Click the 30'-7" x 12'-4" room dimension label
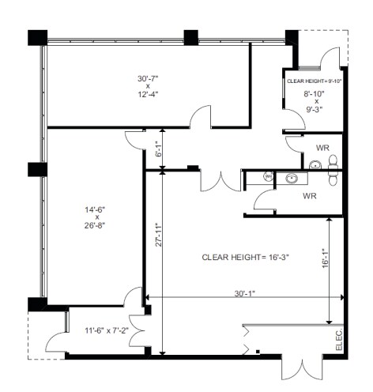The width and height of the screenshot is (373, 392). (x=148, y=86)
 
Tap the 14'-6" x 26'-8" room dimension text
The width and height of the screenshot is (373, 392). (x=95, y=217)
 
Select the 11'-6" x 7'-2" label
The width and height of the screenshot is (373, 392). (x=107, y=330)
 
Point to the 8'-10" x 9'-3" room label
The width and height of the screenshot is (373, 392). (x=315, y=101)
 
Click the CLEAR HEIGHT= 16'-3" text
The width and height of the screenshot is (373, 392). (x=246, y=257)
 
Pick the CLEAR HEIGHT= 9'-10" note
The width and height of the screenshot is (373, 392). (x=315, y=81)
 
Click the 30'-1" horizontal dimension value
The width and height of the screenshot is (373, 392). (x=245, y=293)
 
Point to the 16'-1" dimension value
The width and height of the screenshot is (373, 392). (x=326, y=258)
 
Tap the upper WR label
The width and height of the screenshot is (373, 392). (x=322, y=148)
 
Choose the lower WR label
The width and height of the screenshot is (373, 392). (x=310, y=196)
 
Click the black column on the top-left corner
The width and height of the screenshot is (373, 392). (x=38, y=38)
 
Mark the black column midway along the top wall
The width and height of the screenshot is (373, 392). (x=190, y=38)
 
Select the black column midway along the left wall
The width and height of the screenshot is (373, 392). (x=37, y=169)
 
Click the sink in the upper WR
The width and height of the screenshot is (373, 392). (x=315, y=165)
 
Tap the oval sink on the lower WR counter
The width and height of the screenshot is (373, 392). (x=292, y=179)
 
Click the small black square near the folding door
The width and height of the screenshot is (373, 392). (x=258, y=351)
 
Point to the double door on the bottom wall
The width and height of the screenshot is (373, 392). (x=302, y=368)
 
